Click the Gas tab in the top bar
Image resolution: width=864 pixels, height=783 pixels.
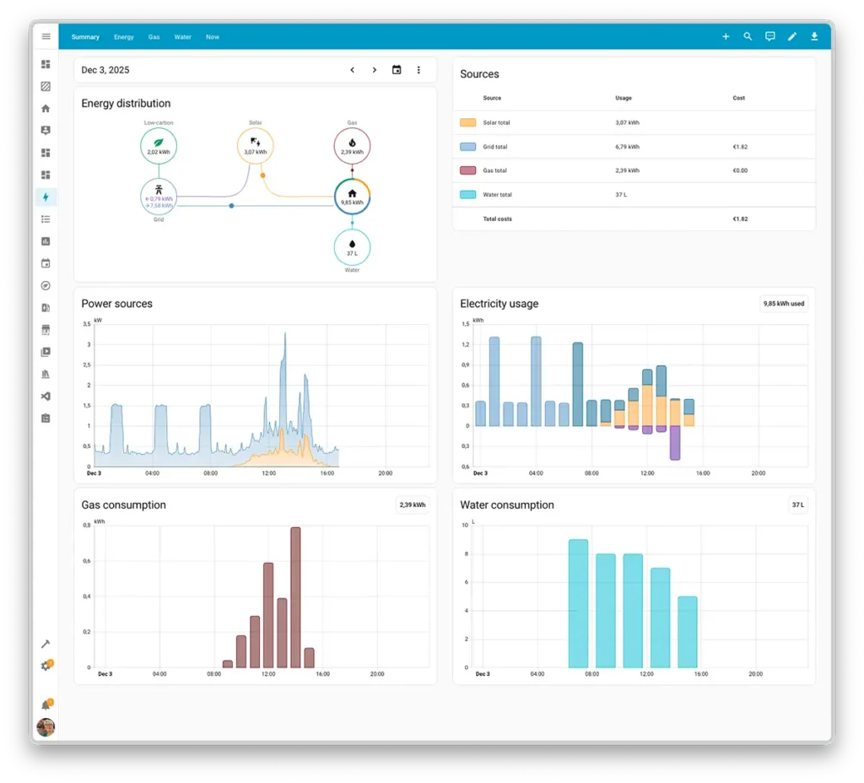[x=154, y=37]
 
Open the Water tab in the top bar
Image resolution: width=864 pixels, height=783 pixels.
[x=183, y=37]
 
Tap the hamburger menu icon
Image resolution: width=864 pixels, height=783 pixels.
[x=46, y=36]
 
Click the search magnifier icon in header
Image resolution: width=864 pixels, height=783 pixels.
[x=748, y=36]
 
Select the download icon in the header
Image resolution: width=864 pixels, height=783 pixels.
[x=814, y=36]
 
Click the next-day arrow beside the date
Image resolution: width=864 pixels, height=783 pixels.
[x=375, y=70]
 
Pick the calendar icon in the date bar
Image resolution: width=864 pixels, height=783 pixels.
[x=397, y=70]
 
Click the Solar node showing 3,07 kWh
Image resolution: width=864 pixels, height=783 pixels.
[x=255, y=146]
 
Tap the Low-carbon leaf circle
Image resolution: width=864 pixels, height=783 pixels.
[x=159, y=146]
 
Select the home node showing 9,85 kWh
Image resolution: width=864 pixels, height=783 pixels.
[x=352, y=197]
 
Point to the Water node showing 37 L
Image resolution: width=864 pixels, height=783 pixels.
[x=352, y=247]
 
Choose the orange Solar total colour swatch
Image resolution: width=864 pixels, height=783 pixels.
[x=467, y=122]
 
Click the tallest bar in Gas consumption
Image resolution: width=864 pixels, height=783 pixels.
[x=295, y=597]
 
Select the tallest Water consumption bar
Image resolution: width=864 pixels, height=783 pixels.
[x=578, y=602]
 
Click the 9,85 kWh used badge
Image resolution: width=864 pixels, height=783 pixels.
[x=784, y=304]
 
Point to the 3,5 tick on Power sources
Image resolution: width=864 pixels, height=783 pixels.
[x=87, y=324]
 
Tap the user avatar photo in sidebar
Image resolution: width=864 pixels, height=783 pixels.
[x=46, y=727]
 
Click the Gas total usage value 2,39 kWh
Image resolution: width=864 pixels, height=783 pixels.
[x=627, y=170]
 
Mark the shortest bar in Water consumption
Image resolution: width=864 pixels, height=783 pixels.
[x=688, y=631]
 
